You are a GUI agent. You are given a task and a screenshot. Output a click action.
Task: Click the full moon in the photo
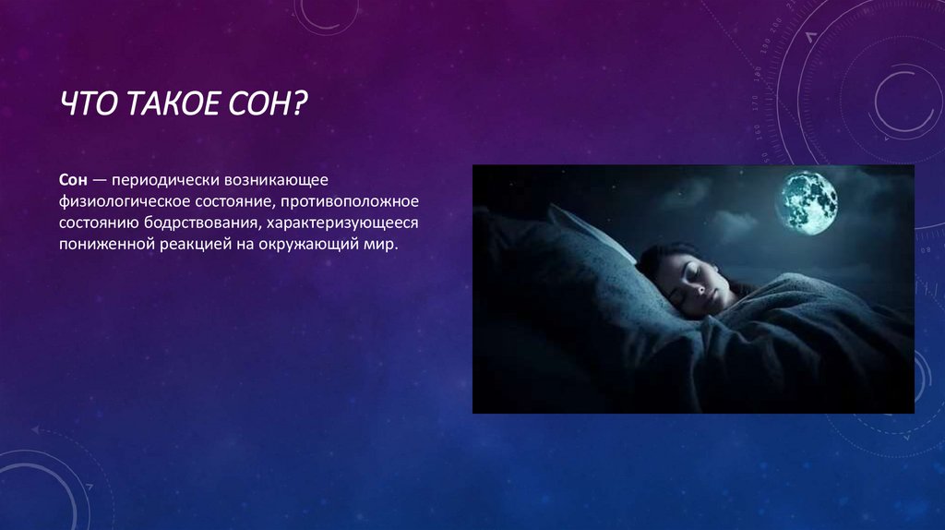809,201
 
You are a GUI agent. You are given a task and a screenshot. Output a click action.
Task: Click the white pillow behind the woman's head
591,231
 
